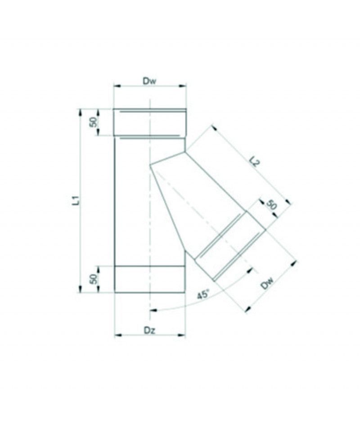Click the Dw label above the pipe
(149, 81)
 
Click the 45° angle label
(203, 295)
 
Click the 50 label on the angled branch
(271, 205)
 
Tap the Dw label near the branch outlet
(267, 283)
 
